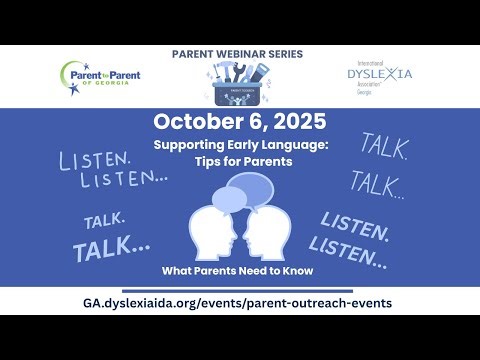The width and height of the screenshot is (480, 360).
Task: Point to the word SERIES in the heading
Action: tap(282, 53)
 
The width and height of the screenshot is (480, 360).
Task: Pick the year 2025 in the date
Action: tap(295, 122)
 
